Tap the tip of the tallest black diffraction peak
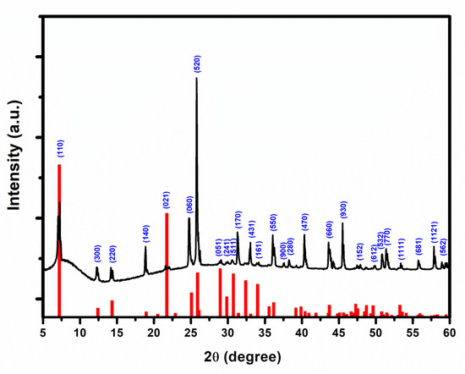(197, 79)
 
